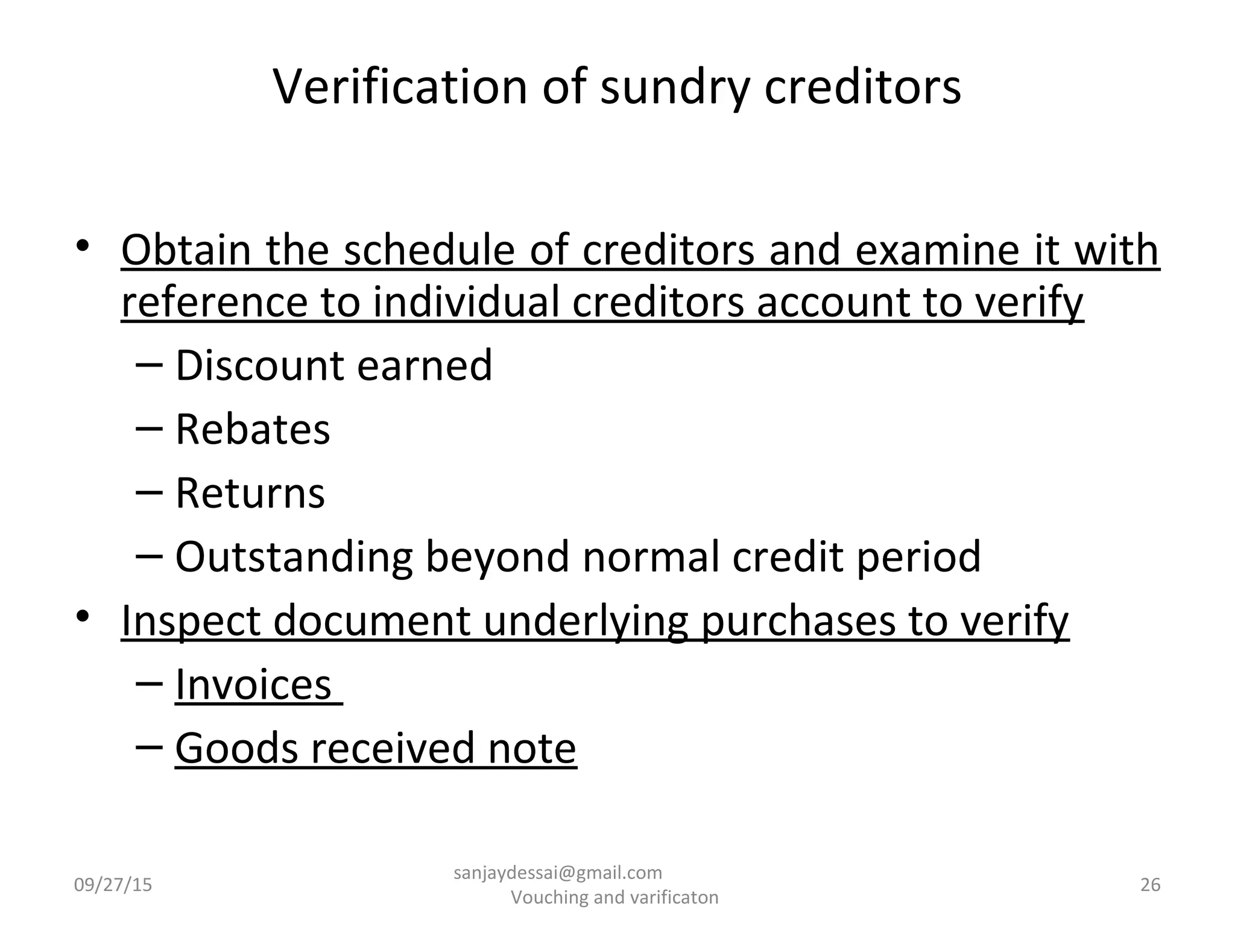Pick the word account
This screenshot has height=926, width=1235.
(x=833, y=303)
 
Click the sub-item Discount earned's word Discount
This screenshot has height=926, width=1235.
(x=260, y=365)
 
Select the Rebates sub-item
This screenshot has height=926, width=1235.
(x=253, y=429)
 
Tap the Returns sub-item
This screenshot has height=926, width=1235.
(x=250, y=493)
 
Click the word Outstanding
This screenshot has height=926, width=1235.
(x=294, y=557)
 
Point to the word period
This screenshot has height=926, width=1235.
(x=918, y=557)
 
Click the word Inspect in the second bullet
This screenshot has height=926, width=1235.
(x=191, y=621)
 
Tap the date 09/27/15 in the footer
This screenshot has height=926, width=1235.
(x=113, y=885)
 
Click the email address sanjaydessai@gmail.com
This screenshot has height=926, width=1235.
(x=558, y=872)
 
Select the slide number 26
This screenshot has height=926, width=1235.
(x=1151, y=885)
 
